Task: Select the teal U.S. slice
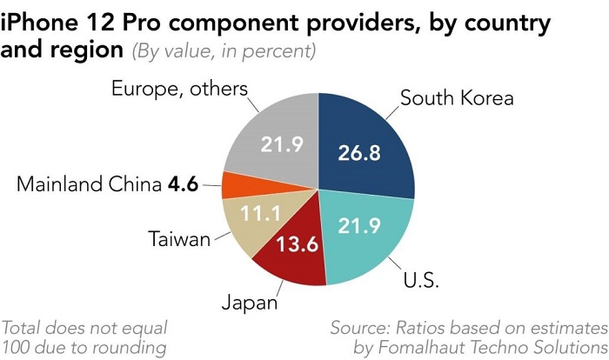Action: pyautogui.click(x=365, y=235)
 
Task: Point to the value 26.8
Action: pyautogui.click(x=359, y=153)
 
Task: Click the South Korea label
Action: pyautogui.click(x=457, y=97)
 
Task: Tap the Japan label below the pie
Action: pyautogui.click(x=249, y=303)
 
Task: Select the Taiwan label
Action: pyautogui.click(x=179, y=238)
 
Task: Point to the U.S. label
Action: pyautogui.click(x=421, y=281)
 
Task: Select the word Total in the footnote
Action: pyautogui.click(x=24, y=329)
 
